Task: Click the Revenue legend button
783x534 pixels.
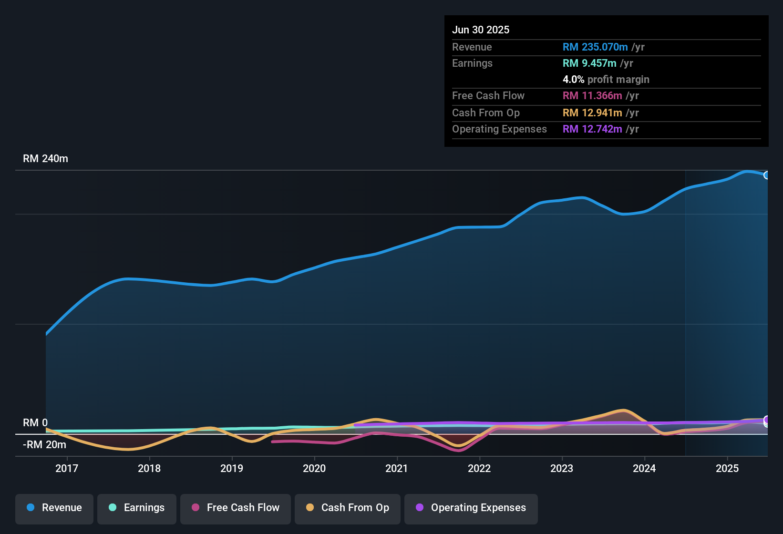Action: click(x=54, y=508)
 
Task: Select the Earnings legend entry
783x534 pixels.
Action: click(x=137, y=508)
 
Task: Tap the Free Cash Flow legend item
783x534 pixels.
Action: click(x=236, y=508)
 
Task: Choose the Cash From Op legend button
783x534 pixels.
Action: click(x=348, y=508)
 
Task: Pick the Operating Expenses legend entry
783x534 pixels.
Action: click(x=471, y=508)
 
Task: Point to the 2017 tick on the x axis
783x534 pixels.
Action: click(x=67, y=468)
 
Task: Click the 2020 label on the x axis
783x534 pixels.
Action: click(x=314, y=468)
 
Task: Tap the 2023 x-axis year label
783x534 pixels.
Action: click(x=562, y=468)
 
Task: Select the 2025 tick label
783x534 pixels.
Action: click(x=727, y=468)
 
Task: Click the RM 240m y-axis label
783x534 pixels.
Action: click(x=45, y=159)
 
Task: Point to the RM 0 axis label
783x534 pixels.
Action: click(x=35, y=423)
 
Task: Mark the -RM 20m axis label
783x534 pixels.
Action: click(x=44, y=445)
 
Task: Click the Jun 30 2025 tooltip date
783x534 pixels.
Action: click(x=481, y=30)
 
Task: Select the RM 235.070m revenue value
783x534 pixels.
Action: click(x=595, y=47)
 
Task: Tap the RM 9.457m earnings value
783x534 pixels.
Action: click(x=589, y=63)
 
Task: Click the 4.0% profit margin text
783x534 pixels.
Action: click(x=606, y=80)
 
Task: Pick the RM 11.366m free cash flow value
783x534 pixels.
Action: click(x=592, y=96)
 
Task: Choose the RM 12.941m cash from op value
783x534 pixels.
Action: click(x=592, y=113)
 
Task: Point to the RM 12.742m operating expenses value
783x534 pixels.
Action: click(x=592, y=129)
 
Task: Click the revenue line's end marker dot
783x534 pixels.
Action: click(x=766, y=175)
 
